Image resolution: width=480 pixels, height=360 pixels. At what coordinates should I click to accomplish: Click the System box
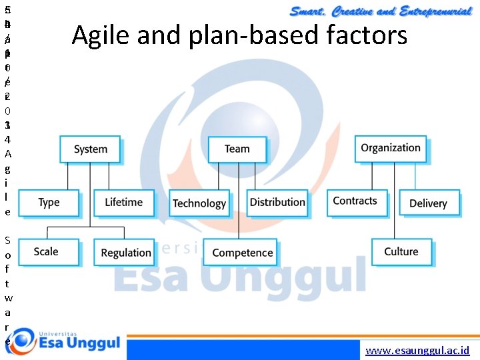90,149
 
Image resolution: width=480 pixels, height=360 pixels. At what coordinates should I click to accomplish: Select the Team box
237,149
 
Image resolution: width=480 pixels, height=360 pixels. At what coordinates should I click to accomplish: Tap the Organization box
391,148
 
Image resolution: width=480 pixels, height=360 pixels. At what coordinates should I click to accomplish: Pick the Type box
49,202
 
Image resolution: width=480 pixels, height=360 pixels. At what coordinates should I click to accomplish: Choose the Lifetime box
123,202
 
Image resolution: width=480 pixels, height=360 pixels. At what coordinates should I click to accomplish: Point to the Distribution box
277,202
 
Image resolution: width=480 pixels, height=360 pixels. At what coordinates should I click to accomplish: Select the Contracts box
355,201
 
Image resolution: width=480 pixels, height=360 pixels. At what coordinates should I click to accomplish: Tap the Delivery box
428,203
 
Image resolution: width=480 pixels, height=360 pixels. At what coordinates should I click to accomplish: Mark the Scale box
47,251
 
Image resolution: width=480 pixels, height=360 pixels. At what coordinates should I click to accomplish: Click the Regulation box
125,253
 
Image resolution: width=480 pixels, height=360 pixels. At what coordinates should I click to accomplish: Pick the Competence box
243,253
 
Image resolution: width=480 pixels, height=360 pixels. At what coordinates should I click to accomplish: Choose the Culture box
401,251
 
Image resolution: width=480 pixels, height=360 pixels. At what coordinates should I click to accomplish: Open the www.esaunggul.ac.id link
417,351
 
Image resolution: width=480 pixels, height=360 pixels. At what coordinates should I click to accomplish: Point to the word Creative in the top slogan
354,11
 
